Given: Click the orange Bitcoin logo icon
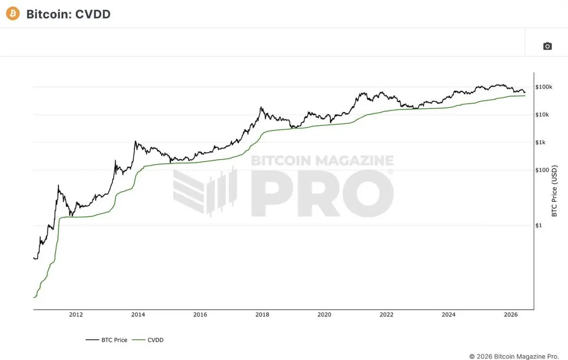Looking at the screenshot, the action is [13, 13].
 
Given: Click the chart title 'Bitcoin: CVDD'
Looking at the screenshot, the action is [69, 14].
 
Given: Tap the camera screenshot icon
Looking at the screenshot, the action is [548, 46].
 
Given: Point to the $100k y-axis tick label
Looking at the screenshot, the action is [544, 87].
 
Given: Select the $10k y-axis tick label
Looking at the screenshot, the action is [542, 115].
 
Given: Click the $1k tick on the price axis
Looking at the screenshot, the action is [540, 142].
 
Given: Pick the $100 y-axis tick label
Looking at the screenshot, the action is [542, 170].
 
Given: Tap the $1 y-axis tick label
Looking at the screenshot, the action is [538, 225].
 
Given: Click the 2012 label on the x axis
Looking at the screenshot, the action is [76, 315].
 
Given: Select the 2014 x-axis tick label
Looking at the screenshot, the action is [138, 315].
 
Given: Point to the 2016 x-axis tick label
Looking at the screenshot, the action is [200, 315].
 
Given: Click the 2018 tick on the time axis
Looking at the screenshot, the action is [262, 315].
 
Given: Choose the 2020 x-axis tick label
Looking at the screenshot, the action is [324, 315].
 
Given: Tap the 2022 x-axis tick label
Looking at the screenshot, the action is [386, 315].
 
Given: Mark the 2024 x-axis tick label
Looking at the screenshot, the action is [449, 315].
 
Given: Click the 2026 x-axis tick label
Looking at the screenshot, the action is [511, 315].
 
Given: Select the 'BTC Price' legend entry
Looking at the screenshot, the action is [106, 340].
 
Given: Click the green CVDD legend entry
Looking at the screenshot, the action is [148, 340].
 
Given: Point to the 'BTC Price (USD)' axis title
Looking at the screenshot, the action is [554, 191].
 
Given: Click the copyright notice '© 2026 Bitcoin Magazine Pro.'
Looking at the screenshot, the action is [514, 357].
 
